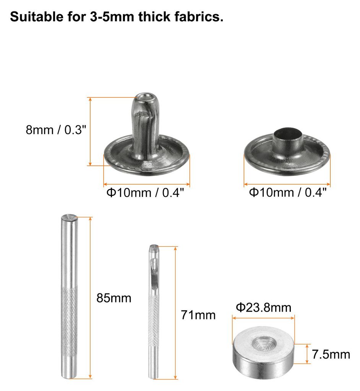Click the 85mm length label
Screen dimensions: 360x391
coord(114,298)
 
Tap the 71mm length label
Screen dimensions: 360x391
coord(198,315)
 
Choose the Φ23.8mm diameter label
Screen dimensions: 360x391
coord(264,307)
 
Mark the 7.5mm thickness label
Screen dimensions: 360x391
coord(331,354)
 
